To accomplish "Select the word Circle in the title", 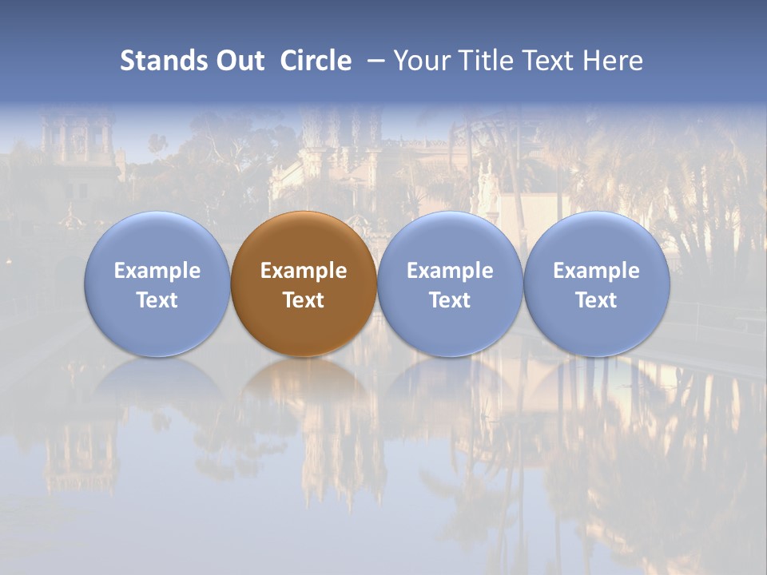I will (316, 61).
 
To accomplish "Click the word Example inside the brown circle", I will (304, 272).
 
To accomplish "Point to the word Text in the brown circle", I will (304, 300).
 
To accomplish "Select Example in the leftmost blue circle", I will (157, 272).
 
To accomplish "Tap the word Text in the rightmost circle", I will (596, 300).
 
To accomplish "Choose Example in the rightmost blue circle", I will (596, 272).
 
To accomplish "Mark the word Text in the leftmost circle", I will (157, 300).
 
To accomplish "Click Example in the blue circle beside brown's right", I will (450, 272).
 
